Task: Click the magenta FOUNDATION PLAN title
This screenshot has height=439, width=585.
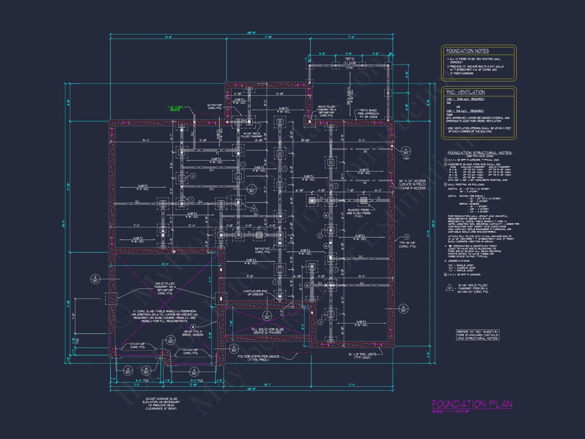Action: pos(472,404)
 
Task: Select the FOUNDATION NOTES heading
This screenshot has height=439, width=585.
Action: pos(467,51)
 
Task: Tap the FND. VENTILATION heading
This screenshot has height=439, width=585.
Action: pos(465,92)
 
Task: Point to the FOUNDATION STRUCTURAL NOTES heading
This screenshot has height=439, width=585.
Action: pos(479,153)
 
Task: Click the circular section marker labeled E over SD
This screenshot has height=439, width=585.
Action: pos(95,279)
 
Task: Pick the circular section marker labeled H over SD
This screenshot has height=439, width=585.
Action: pos(406,151)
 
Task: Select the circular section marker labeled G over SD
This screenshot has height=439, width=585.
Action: pos(403,309)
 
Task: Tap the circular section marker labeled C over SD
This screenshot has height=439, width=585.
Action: pos(171,340)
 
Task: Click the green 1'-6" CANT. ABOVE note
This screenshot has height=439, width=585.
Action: pos(175,108)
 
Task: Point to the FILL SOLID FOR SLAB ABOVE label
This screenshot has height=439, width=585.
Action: pos(267,331)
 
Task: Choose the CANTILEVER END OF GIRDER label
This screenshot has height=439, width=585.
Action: pos(255,293)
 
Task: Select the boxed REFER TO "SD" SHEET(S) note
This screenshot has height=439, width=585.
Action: pos(477,335)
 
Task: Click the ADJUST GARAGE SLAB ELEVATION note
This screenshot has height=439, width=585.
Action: pos(161,404)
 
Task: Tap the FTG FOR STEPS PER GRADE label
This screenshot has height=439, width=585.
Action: pos(258,358)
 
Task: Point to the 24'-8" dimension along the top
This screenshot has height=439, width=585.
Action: pos(168,37)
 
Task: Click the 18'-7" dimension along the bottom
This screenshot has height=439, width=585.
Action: pos(267,385)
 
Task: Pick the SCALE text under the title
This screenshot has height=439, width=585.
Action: pos(450,411)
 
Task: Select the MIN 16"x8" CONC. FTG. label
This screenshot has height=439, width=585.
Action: pos(407,244)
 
